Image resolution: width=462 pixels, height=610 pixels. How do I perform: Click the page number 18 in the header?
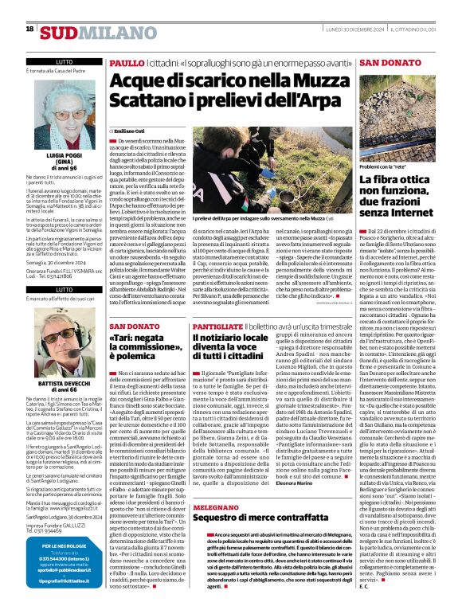29,29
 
